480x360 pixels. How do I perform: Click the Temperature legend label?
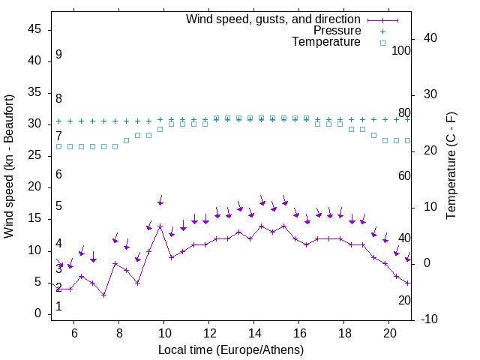pos(326,42)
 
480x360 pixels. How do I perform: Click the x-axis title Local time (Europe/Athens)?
pos(231,349)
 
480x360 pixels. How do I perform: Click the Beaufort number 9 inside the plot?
pos(58,55)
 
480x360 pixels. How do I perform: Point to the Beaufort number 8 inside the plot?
pos(58,98)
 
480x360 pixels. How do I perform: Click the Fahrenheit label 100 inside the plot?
pos(402,50)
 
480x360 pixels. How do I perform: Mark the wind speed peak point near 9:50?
pos(160,226)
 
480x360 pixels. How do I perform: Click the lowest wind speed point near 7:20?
pos(103,295)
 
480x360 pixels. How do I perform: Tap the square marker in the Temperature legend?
pos(382,43)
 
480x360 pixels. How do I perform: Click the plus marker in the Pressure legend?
pos(382,31)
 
